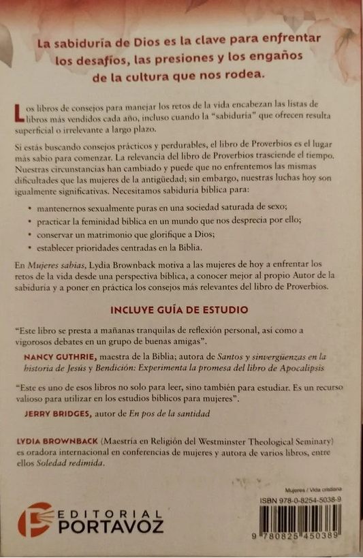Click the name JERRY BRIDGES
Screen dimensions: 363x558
[69, 412]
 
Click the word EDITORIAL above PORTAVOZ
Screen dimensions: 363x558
[110, 512]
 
